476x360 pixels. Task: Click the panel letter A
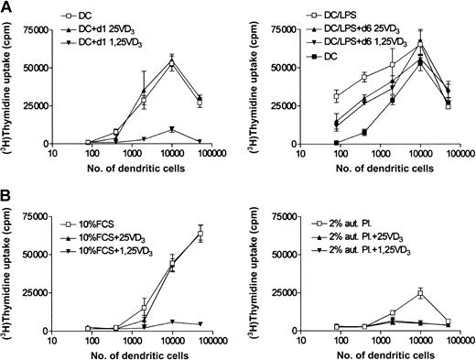point(8,7)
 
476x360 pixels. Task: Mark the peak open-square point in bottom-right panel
point(420,293)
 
